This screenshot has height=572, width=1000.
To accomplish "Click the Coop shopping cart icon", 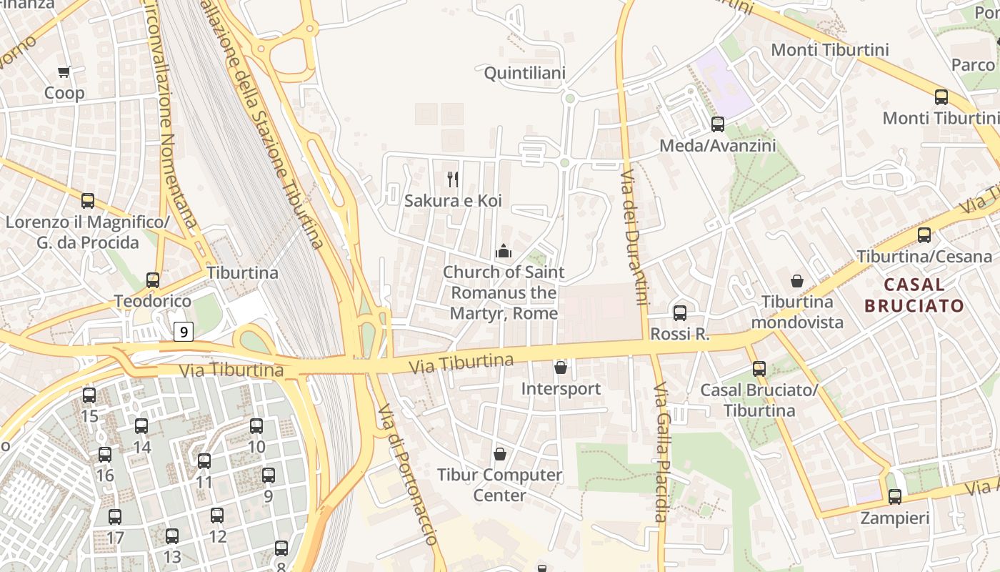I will pyautogui.click(x=64, y=71).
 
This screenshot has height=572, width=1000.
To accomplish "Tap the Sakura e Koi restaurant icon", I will pyautogui.click(x=452, y=179).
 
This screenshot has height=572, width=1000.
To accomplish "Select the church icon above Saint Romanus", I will pyautogui.click(x=504, y=251).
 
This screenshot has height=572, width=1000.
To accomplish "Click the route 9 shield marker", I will pyautogui.click(x=184, y=332).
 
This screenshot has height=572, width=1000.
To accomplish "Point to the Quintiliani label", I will pyautogui.click(x=525, y=73).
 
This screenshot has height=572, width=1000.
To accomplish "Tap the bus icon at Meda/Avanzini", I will pyautogui.click(x=718, y=124).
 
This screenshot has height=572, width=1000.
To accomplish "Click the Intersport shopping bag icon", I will pyautogui.click(x=561, y=368).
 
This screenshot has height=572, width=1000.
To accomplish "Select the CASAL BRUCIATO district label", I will pyautogui.click(x=914, y=295).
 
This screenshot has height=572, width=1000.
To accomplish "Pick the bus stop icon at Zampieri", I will pyautogui.click(x=895, y=496).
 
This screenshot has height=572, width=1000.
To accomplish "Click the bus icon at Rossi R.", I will pyautogui.click(x=680, y=312).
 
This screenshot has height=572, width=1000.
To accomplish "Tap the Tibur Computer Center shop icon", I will pyautogui.click(x=500, y=454).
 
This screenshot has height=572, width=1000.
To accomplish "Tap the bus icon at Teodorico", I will pyautogui.click(x=153, y=280).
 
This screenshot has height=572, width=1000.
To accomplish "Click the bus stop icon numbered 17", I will pyautogui.click(x=115, y=516).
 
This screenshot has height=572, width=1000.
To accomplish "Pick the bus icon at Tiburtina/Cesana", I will pyautogui.click(x=924, y=235).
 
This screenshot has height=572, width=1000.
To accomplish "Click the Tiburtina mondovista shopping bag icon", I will pyautogui.click(x=797, y=281).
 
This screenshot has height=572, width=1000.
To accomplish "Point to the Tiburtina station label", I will pyautogui.click(x=243, y=272).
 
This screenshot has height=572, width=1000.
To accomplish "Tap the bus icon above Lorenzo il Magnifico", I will pyautogui.click(x=88, y=201).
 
